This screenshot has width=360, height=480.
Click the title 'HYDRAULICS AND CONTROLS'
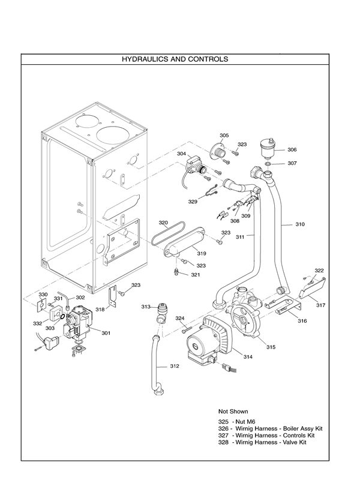(x=175, y=59)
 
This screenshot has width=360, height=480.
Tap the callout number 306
(x=292, y=149)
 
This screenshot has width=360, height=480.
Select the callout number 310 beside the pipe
(x=299, y=224)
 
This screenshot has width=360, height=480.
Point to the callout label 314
(x=247, y=357)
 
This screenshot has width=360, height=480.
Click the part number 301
(x=106, y=333)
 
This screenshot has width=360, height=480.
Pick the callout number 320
(x=163, y=223)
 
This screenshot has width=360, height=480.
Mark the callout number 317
(x=321, y=305)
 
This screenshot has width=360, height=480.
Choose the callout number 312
(x=175, y=366)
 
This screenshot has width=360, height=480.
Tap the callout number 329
(x=193, y=202)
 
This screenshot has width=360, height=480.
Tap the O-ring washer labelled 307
(x=267, y=163)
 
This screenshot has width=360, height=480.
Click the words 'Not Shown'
(x=233, y=412)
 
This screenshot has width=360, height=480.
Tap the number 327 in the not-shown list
(x=223, y=435)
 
